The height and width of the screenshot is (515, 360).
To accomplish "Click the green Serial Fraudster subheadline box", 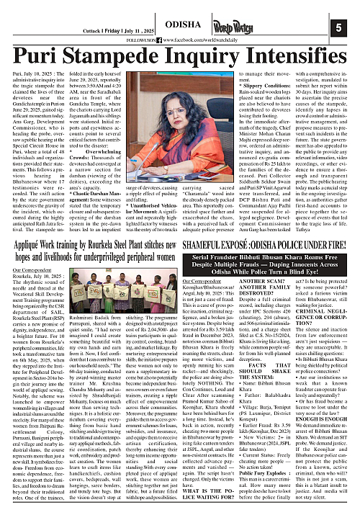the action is [x=268, y=289].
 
